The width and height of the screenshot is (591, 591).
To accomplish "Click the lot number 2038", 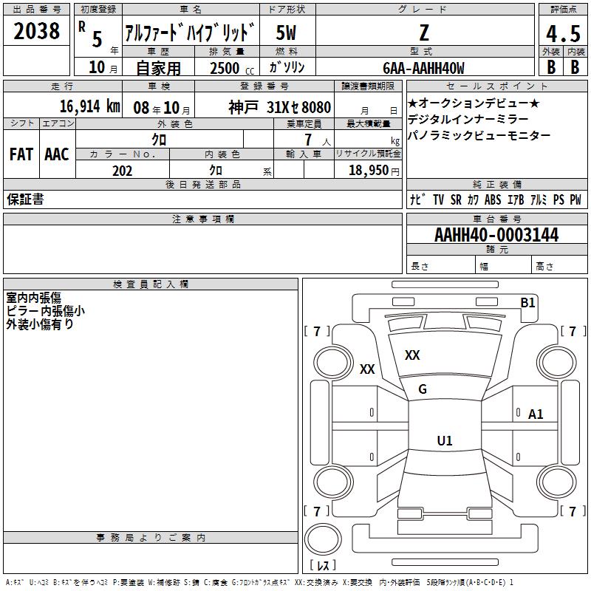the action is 36,31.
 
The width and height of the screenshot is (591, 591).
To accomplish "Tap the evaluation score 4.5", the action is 563,34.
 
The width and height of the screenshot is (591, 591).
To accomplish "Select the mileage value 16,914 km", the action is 90,106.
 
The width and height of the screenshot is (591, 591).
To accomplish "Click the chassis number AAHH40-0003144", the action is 496,235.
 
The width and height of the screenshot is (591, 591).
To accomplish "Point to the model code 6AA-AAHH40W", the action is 423,68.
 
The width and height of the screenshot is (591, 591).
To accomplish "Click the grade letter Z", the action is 424,33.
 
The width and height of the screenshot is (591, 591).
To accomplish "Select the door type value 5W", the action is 286,33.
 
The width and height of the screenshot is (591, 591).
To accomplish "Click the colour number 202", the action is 122,171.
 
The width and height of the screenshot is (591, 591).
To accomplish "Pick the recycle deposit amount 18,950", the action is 368,171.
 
